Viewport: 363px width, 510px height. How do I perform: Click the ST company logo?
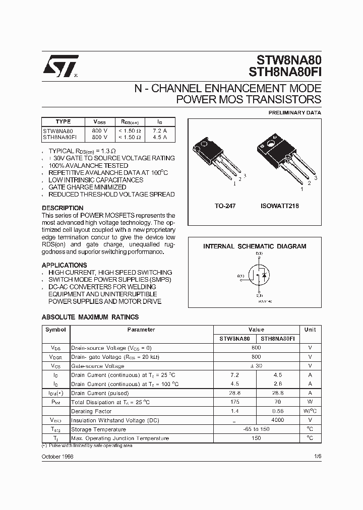pos(59,66)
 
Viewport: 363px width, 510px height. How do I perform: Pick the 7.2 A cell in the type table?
pos(160,130)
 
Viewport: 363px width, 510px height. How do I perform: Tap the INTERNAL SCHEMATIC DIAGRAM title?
pos(255,246)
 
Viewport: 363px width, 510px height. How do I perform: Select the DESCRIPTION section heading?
pos(63,208)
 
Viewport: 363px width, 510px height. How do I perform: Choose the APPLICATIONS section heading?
pos(64,265)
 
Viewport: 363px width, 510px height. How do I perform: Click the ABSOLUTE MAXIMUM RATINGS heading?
pos(90,317)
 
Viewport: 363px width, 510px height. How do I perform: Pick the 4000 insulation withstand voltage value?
pos(277,420)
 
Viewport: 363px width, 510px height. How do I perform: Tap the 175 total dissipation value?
pos(235,402)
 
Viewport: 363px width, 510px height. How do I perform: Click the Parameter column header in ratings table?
pos(141,330)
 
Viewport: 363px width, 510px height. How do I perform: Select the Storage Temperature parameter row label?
pos(98,429)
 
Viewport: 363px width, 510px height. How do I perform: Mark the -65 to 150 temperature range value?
pos(256,429)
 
